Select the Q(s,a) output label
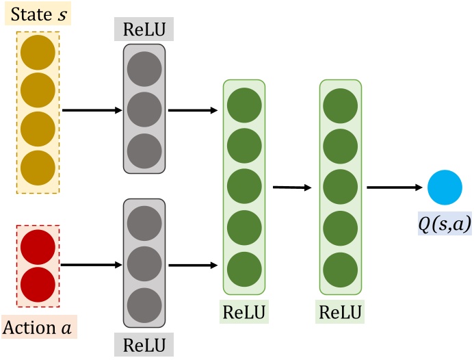point(446,223)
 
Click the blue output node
point(445,187)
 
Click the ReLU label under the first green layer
point(244,313)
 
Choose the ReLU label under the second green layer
point(341,313)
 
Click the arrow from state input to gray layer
point(92,109)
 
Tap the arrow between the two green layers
point(292,186)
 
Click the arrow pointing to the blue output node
point(393,186)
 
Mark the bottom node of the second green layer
point(341,268)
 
